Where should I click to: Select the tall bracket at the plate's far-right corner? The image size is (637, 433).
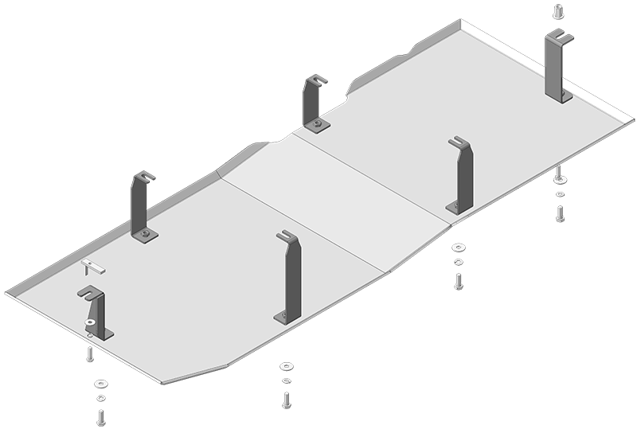[x=558, y=68]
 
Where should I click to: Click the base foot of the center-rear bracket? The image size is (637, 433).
[x=318, y=125]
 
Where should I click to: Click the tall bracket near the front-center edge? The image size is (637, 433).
[x=290, y=279]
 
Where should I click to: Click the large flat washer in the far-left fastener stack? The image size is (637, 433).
[x=101, y=384]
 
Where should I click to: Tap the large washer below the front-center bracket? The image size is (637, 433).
[x=286, y=367]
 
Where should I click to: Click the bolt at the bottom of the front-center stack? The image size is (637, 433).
[x=286, y=399]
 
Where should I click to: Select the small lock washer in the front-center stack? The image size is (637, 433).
[x=286, y=380]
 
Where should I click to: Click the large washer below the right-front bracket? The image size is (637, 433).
[x=459, y=248]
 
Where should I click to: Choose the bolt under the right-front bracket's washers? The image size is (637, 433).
[x=459, y=280]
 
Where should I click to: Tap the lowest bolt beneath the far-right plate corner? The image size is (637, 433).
[x=560, y=213]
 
